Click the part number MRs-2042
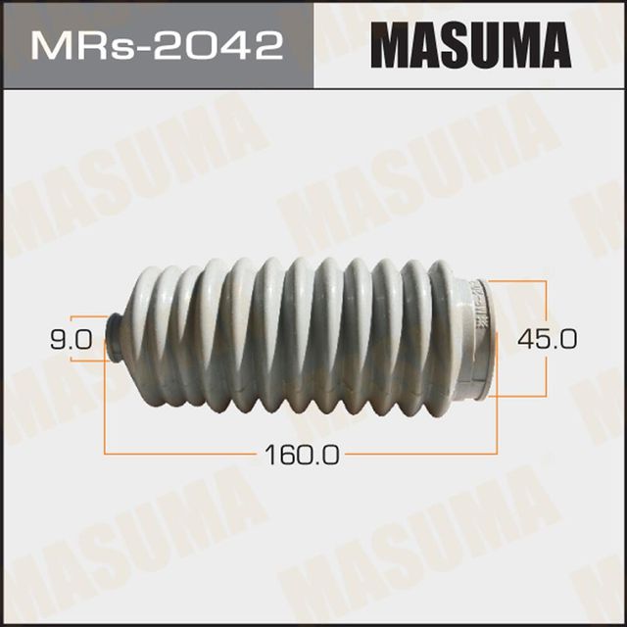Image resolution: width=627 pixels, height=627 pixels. coord(158,45)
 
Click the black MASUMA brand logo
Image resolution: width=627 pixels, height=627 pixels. coord(469,45)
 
